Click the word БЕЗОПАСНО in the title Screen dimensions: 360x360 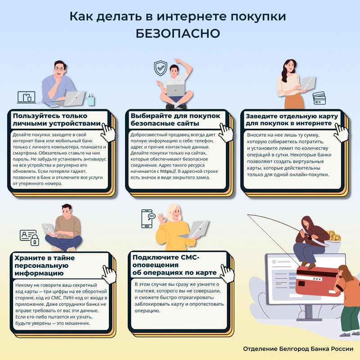pyautogui.click(x=180, y=34)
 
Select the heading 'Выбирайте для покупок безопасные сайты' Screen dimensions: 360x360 pyautogui.click(x=175, y=119)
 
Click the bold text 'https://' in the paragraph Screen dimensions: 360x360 pyautogui.click(x=166, y=171)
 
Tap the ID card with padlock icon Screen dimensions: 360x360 pyautogui.click(x=28, y=238)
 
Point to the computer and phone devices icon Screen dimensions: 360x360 pyautogui.click(x=26, y=97)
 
